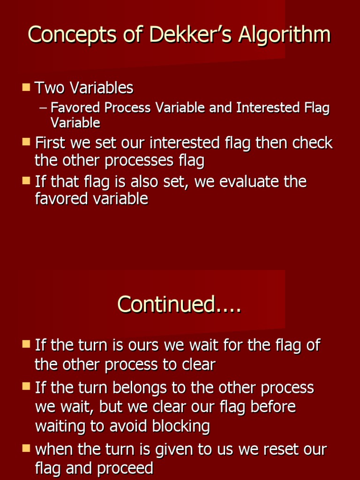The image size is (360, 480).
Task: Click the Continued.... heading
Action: tap(179, 304)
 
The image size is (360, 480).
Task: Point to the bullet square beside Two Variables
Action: tap(26, 87)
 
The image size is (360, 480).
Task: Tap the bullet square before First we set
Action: tap(26, 142)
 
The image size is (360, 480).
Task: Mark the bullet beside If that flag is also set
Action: tap(26, 180)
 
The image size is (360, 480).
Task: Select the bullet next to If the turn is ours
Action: tap(26, 345)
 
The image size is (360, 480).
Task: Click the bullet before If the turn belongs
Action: tap(26, 387)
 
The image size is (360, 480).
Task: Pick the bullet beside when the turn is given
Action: tap(26, 449)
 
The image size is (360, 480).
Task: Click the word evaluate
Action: tap(249, 181)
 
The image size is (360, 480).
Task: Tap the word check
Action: tap(312, 142)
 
